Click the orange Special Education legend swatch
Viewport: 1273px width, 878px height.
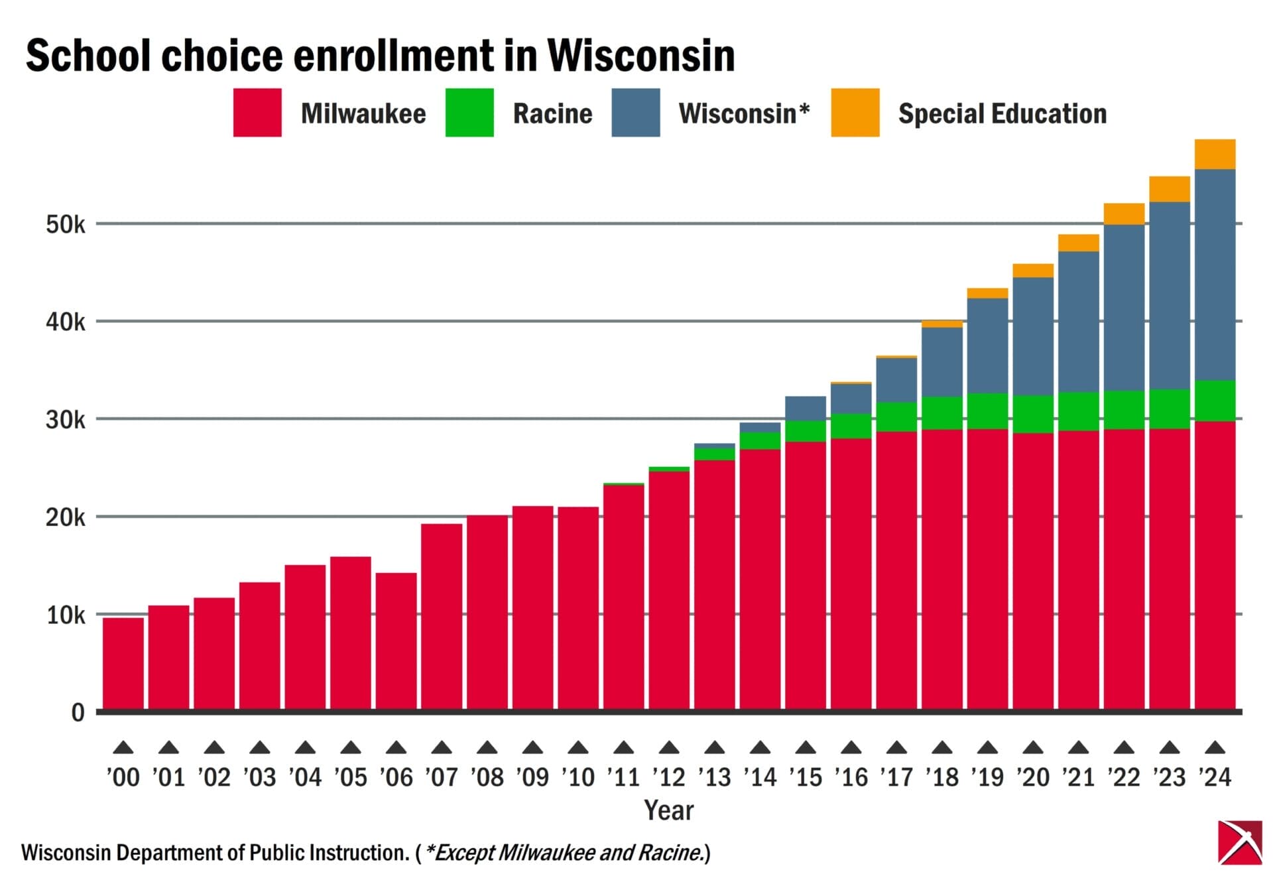click(x=855, y=113)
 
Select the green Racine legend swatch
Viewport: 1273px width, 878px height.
click(x=469, y=113)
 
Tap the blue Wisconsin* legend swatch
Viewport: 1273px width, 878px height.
click(x=635, y=113)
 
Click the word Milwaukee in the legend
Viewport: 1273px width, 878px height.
click(x=363, y=113)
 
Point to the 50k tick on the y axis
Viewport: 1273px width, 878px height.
click(x=66, y=225)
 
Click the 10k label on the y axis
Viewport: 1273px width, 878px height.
click(x=66, y=615)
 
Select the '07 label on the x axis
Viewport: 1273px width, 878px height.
click(x=442, y=777)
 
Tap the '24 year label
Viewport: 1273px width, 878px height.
click(x=1215, y=777)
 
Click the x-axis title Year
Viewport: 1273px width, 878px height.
click(x=668, y=810)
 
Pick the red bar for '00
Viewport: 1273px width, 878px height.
click(x=123, y=663)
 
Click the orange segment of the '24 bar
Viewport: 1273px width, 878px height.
click(x=1215, y=155)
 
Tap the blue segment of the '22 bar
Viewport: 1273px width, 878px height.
click(x=1124, y=308)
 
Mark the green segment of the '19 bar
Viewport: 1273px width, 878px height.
click(x=987, y=411)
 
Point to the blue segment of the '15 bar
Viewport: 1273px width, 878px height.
click(x=806, y=408)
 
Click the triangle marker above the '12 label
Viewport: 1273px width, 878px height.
click(x=669, y=747)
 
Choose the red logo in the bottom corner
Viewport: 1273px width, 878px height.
click(x=1240, y=842)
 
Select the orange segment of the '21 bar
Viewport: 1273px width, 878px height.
click(x=1078, y=243)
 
